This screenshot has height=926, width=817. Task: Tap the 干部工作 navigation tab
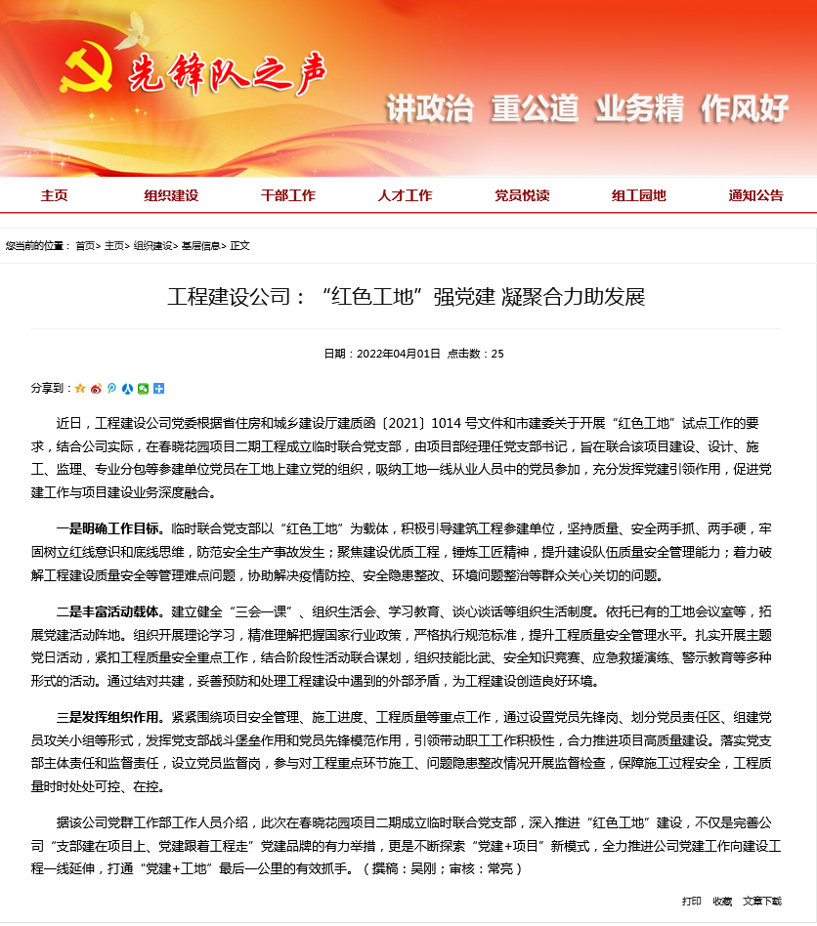tap(288, 195)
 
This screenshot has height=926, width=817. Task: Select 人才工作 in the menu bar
tap(405, 195)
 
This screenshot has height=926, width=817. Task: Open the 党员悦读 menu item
tap(522, 195)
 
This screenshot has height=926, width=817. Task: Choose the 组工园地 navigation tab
tap(639, 195)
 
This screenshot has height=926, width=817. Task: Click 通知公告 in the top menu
tap(755, 195)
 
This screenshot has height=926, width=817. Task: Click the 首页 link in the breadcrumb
tap(85, 246)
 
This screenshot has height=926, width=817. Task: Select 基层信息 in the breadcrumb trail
tap(200, 246)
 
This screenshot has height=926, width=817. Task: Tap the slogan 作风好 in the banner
tap(745, 108)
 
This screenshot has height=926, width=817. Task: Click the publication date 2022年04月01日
tap(399, 354)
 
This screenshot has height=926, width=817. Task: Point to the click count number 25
tap(497, 354)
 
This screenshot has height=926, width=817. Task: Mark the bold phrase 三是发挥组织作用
tap(110, 715)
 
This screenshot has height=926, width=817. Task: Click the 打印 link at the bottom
tap(691, 901)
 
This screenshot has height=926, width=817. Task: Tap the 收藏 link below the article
tap(722, 901)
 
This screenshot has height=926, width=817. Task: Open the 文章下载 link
tap(762, 901)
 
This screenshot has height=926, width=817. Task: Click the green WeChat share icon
tap(144, 388)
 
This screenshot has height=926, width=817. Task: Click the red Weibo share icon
tap(96, 388)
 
